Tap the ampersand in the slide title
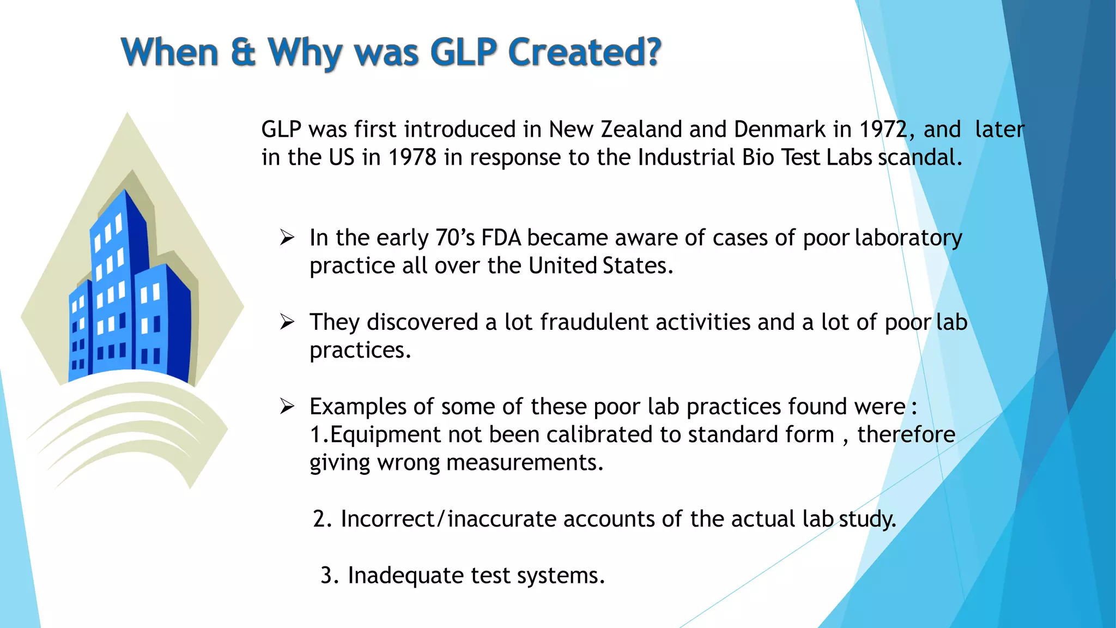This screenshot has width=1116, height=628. tap(243, 52)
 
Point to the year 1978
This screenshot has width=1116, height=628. tap(412, 158)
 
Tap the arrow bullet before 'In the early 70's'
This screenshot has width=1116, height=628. tap(287, 238)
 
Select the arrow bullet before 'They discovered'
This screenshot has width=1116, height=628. tap(287, 322)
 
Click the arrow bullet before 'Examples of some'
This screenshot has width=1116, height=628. tap(287, 406)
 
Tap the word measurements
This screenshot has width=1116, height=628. tap(524, 463)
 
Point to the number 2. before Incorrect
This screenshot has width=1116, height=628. tap(322, 519)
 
